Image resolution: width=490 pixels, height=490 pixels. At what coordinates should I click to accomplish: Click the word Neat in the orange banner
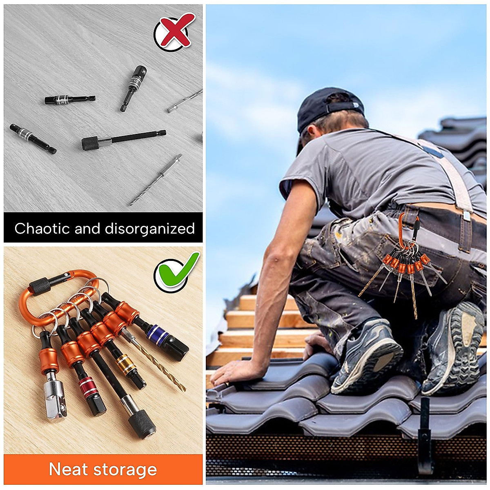[x=69, y=469]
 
